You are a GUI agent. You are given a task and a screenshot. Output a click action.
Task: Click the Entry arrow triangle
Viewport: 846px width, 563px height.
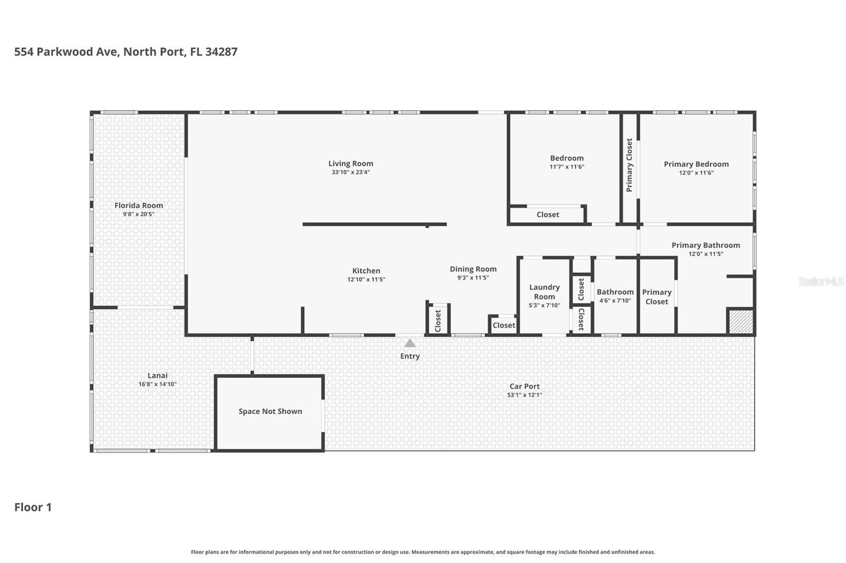(x=410, y=343)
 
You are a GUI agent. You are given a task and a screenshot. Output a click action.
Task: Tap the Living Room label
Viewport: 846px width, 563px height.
(x=351, y=164)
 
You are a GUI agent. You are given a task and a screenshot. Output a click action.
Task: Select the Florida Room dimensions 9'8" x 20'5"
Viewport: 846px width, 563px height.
(x=139, y=214)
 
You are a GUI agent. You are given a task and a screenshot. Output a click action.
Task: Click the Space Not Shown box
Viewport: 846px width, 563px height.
(x=270, y=412)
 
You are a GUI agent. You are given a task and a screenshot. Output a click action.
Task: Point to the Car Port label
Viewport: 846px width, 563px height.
(x=525, y=386)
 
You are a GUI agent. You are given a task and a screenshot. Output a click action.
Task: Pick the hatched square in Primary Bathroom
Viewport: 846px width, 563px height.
(x=741, y=321)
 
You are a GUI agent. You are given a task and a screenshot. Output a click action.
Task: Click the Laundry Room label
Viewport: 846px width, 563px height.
(x=544, y=292)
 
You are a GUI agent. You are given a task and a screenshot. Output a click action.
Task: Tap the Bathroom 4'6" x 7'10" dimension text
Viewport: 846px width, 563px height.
(x=615, y=301)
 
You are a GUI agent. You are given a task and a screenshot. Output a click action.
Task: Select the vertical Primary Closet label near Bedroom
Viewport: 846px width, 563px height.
(x=629, y=165)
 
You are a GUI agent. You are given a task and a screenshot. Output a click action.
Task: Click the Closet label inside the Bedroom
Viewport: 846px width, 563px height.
(x=547, y=214)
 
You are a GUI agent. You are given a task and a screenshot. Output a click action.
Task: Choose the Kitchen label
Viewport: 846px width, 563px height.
(x=366, y=270)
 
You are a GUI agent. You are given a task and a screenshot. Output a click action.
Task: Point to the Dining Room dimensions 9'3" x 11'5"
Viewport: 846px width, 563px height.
(x=473, y=277)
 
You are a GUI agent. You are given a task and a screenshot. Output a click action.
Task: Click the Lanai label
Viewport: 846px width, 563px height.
(x=157, y=376)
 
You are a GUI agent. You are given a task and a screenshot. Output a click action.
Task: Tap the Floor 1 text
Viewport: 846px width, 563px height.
(x=33, y=507)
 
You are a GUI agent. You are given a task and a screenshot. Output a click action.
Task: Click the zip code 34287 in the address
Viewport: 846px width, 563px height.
(x=221, y=52)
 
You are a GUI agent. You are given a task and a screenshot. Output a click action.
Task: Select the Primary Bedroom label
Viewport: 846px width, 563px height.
(x=696, y=164)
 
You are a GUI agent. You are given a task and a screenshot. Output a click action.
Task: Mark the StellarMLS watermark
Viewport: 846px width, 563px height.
(x=821, y=281)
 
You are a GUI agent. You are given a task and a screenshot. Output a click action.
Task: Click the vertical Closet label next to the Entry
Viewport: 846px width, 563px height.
(x=438, y=321)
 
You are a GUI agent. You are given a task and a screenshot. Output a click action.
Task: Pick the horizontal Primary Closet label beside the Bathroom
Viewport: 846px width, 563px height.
(x=657, y=297)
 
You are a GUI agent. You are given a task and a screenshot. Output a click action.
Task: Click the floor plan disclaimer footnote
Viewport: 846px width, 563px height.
(x=422, y=552)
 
